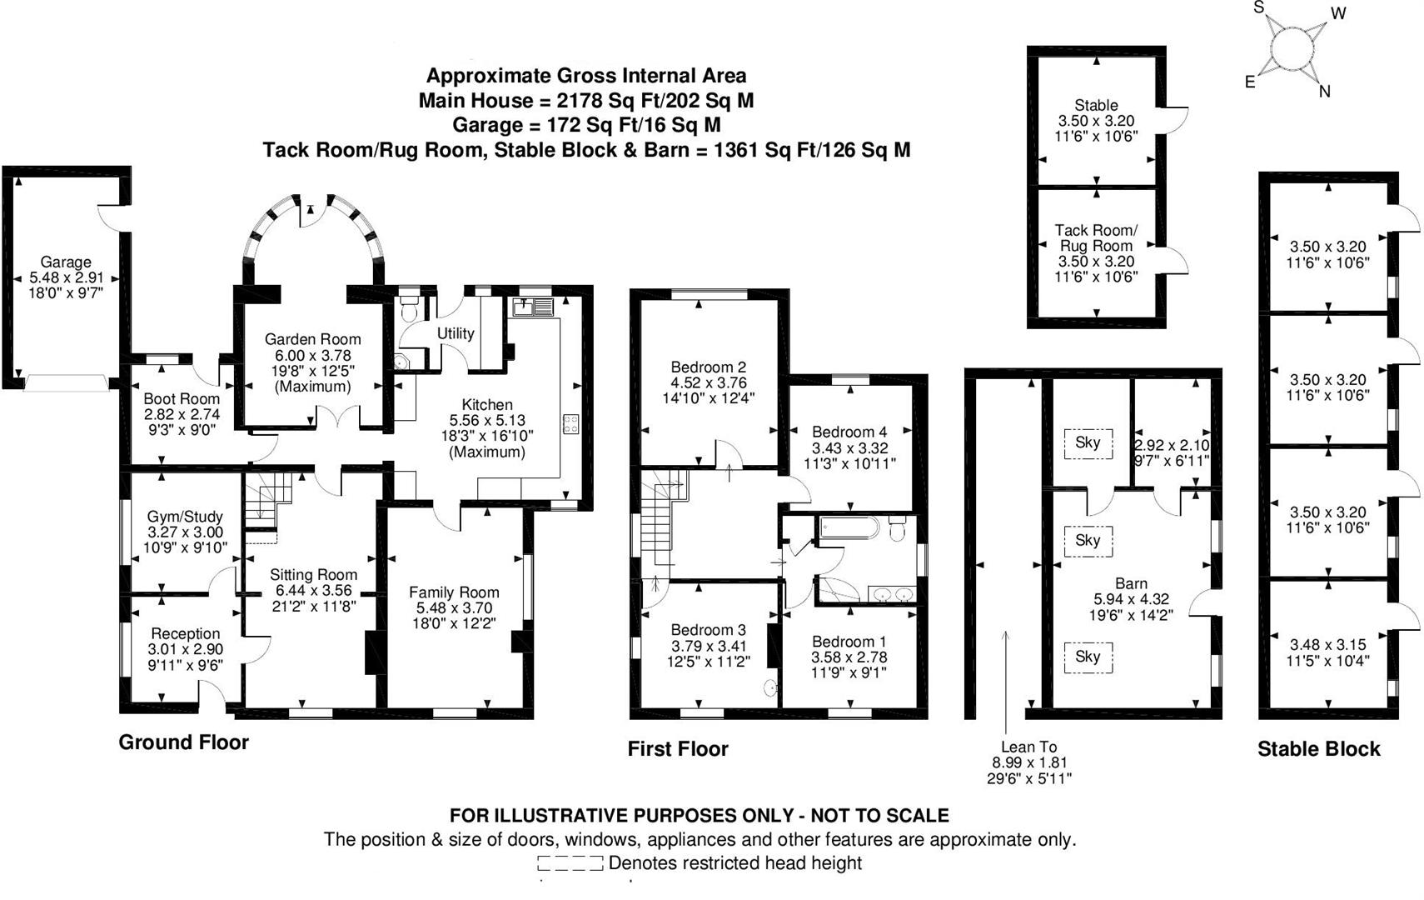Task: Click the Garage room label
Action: click(66, 262)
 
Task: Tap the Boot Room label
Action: click(182, 399)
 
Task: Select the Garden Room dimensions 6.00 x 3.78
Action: click(312, 355)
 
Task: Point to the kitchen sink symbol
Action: click(534, 307)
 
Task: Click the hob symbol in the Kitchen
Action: click(571, 423)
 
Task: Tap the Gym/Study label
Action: click(185, 517)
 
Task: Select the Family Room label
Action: click(454, 592)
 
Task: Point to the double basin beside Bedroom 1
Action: click(892, 594)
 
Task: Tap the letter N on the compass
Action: click(1324, 92)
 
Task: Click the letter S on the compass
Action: click(1259, 7)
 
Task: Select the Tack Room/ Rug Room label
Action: click(1096, 238)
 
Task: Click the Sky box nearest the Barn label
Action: click(1088, 540)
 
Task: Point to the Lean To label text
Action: click(1028, 747)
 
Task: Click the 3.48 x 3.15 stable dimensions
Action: click(1327, 644)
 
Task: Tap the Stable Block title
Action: click(1318, 749)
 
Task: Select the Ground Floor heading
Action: click(183, 742)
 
